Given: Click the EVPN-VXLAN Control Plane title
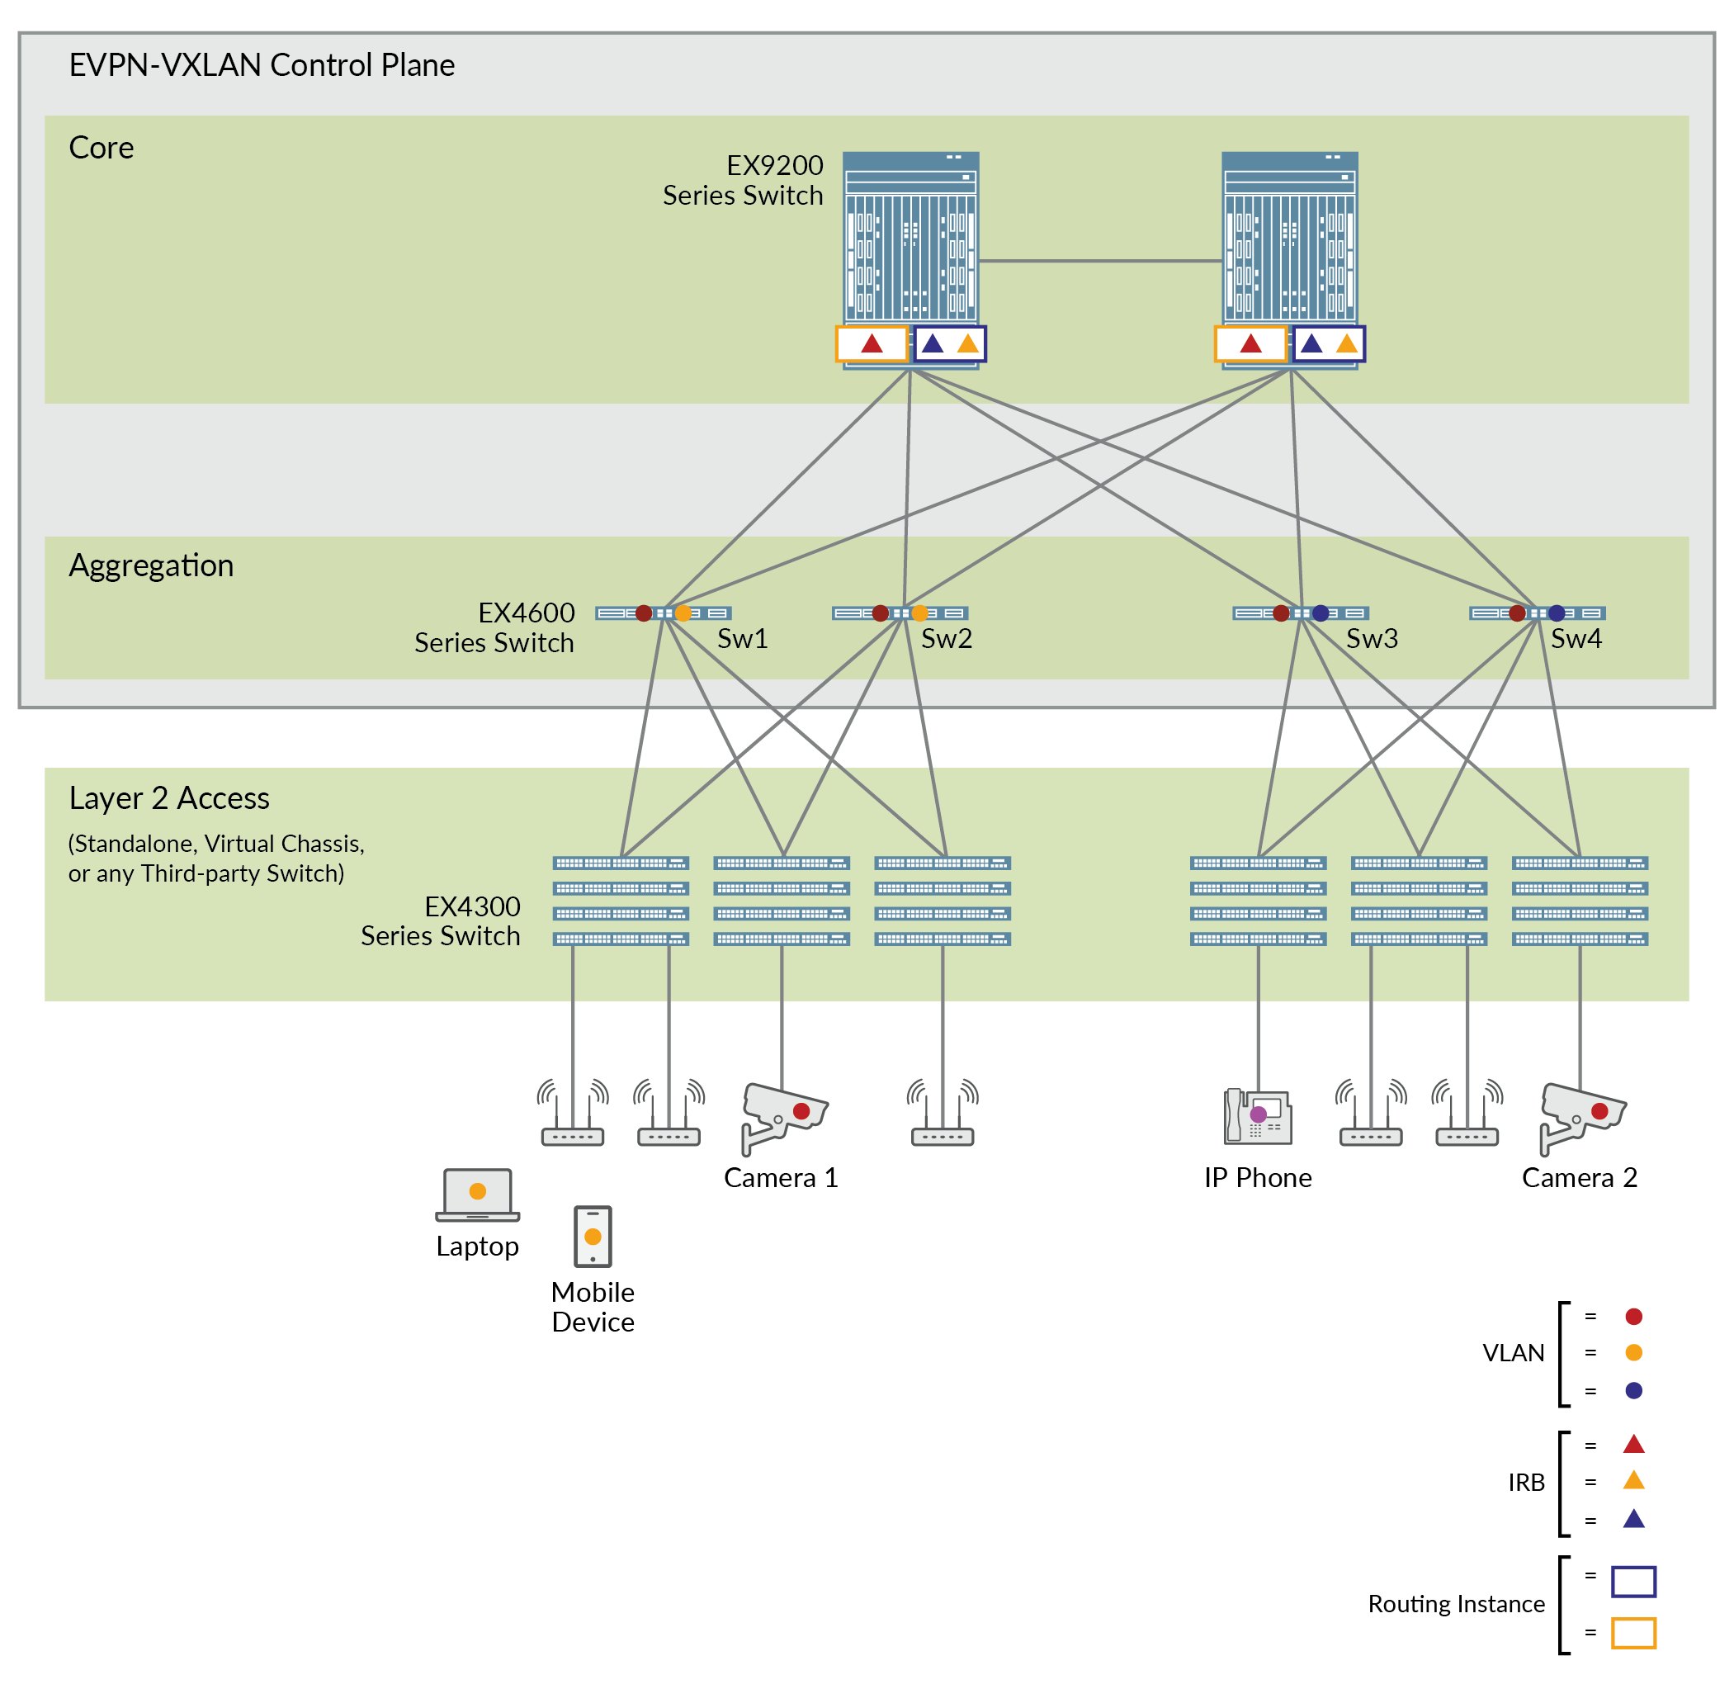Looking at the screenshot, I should click(262, 64).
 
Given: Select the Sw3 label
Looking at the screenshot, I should click(1370, 638).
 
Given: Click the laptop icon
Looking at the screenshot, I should click(477, 1194).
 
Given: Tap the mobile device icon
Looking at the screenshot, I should click(593, 1236).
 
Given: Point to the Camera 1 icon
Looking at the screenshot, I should click(782, 1116).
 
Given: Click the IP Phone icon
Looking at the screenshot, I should click(1257, 1115).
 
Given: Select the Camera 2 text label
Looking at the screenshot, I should click(1579, 1177).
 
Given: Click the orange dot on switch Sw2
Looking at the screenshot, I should click(919, 613).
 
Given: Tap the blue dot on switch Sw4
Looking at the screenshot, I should click(1556, 613).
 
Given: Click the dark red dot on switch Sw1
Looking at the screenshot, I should click(644, 613).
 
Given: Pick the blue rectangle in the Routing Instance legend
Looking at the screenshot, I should click(1632, 1582).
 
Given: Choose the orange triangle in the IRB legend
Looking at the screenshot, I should click(1632, 1480).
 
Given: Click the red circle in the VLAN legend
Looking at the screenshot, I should click(1632, 1317).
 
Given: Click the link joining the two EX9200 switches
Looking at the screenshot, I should click(1100, 261).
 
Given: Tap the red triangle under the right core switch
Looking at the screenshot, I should click(1250, 343).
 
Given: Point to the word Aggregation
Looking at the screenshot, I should click(151, 565).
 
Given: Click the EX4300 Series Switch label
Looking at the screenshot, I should click(440, 920).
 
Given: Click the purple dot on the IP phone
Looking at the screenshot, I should click(1258, 1114).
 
